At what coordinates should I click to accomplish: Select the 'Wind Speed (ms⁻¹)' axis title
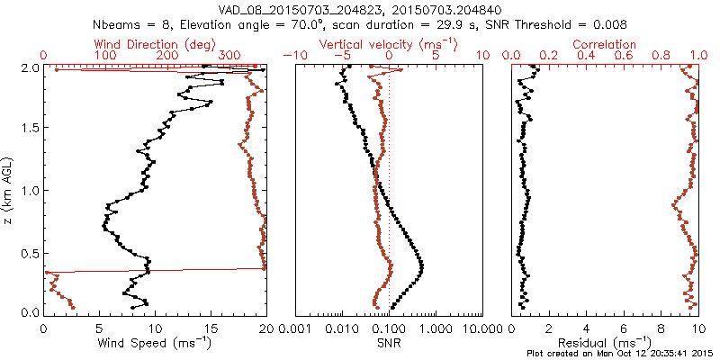coord(155,343)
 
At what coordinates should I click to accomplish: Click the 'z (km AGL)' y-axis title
coord(10,189)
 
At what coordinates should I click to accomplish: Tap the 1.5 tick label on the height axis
coord(31,129)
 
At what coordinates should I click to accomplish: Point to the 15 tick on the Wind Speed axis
coord(211,328)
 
